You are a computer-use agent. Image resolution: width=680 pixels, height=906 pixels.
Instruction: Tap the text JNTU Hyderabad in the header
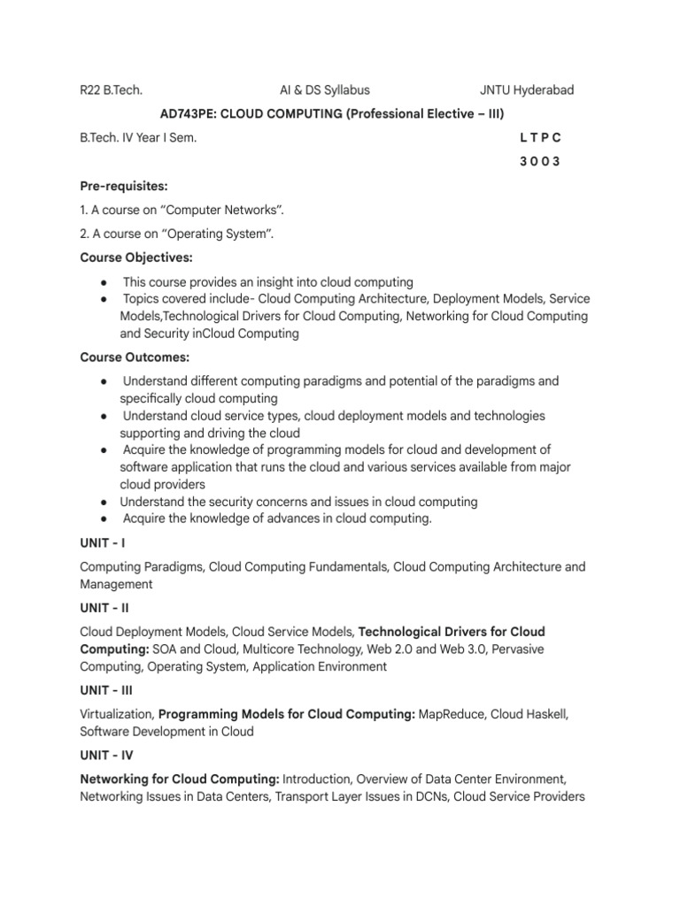(527, 89)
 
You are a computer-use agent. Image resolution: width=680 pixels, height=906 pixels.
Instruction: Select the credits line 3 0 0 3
(540, 162)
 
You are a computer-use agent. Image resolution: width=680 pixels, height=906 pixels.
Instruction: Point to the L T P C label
(540, 138)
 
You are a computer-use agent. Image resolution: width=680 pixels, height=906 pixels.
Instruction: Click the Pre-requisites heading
(124, 187)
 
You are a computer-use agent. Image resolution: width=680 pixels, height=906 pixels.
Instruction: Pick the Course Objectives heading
(136, 257)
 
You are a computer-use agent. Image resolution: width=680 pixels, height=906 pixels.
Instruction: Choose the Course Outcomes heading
(135, 357)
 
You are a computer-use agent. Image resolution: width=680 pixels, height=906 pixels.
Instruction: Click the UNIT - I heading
(102, 542)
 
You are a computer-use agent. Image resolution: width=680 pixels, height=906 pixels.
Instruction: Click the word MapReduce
(451, 714)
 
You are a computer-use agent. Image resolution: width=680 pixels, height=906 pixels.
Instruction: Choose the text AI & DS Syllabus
(325, 89)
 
